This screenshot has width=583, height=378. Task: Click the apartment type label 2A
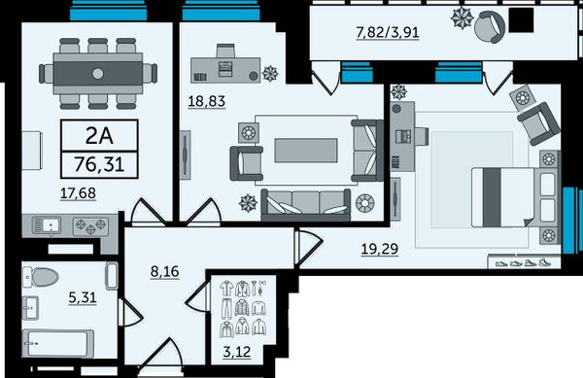click(99, 136)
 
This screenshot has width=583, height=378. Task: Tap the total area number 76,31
click(99, 164)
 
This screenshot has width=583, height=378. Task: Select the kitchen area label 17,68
click(78, 193)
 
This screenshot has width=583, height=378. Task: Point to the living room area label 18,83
click(207, 101)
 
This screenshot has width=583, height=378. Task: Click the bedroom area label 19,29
click(380, 249)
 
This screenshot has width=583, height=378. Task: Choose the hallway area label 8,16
click(165, 272)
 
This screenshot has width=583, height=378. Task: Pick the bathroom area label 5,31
click(83, 297)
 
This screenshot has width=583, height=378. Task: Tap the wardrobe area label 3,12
click(237, 352)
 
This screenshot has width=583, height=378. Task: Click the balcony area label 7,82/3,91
click(388, 32)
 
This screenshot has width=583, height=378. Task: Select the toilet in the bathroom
click(41, 277)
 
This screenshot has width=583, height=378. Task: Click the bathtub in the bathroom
click(58, 343)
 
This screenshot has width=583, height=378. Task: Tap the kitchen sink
click(47, 225)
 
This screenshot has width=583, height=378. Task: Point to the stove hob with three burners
click(90, 226)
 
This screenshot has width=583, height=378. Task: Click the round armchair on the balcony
click(490, 26)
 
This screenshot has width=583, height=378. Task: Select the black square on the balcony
click(521, 20)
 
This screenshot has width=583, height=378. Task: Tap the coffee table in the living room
click(306, 151)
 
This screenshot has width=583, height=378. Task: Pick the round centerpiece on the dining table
click(98, 74)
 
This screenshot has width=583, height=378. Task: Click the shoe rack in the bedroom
click(524, 261)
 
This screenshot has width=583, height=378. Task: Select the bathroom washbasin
click(30, 308)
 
